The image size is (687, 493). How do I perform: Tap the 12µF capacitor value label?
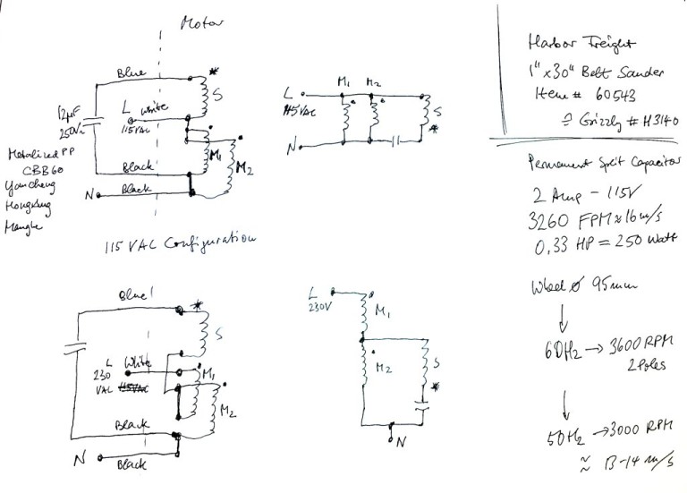click(x=68, y=113)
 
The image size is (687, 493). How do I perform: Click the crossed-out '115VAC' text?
click(x=130, y=391)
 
